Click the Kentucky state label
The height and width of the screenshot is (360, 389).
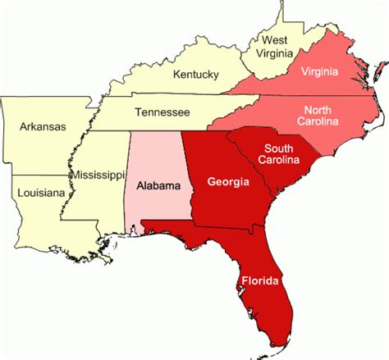pyautogui.click(x=195, y=75)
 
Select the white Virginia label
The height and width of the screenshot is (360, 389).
pyautogui.click(x=318, y=71)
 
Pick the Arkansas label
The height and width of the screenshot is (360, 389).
pyautogui.click(x=42, y=127)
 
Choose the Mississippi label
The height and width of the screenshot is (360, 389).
pyautogui.click(x=97, y=175)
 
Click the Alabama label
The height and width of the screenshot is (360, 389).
pyautogui.click(x=158, y=186)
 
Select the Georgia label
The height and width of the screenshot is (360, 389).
pyautogui.click(x=228, y=181)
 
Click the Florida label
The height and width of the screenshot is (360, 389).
pyautogui.click(x=261, y=281)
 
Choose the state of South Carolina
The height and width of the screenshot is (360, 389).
pyautogui.click(x=287, y=176)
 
